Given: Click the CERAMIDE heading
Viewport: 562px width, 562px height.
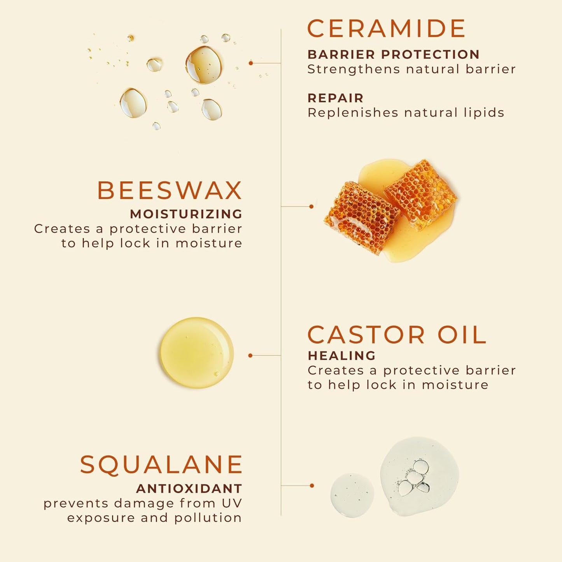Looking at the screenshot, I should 386,29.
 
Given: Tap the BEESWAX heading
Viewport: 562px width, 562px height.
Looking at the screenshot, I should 170,191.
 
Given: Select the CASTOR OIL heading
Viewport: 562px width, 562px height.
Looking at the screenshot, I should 397,335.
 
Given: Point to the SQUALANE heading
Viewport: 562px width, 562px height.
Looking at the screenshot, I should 161,464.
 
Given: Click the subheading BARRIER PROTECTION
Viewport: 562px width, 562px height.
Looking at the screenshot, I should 393,54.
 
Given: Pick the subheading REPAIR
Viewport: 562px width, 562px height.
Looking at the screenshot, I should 335,98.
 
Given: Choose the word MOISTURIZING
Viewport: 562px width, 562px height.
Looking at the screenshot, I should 186,214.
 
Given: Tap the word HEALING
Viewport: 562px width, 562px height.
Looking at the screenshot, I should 341,355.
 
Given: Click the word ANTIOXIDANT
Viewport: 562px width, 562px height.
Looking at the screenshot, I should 189,488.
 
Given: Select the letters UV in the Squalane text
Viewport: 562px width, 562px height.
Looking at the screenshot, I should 232,503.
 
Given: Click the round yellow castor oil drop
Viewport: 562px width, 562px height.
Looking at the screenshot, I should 197,352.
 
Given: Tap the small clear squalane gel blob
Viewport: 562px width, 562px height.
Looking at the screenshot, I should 352,495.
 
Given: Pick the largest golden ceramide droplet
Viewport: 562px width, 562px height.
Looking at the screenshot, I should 203,65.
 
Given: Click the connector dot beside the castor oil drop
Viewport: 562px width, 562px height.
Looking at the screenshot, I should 250,355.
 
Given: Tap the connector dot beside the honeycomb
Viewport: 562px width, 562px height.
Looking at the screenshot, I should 311,207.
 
